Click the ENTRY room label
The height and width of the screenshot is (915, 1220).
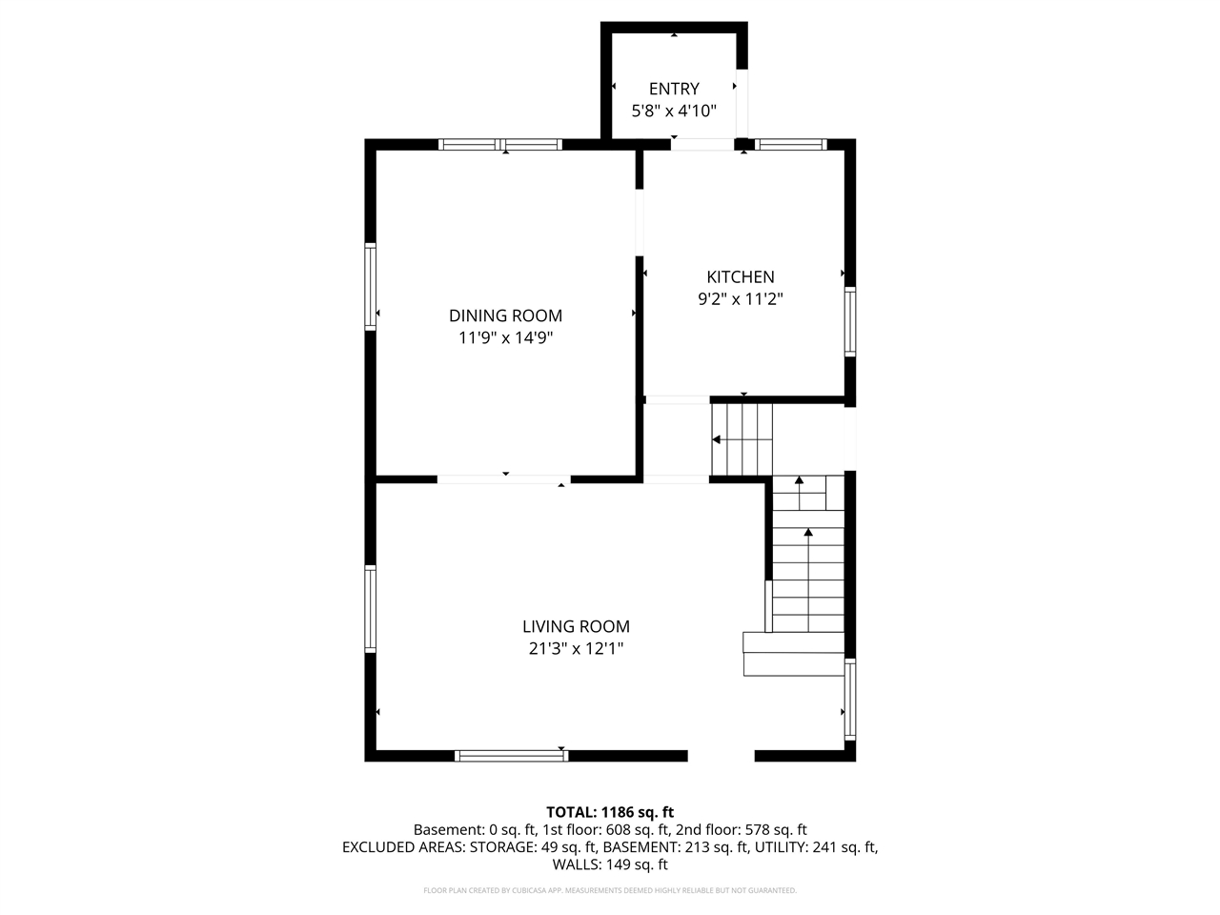click(x=674, y=89)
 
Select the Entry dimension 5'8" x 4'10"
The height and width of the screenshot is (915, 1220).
click(x=674, y=111)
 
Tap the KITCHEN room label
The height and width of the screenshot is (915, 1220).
click(x=740, y=276)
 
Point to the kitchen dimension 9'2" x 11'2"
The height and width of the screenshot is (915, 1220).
click(x=740, y=298)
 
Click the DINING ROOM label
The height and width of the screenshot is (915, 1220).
click(x=505, y=315)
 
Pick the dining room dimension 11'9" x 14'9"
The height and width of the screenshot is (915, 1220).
click(x=505, y=337)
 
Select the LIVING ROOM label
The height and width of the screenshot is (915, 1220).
click(x=576, y=626)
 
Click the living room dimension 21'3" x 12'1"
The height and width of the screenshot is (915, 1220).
click(x=576, y=648)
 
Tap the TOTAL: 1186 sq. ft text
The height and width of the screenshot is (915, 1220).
click(x=609, y=812)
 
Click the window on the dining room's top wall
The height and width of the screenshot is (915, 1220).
click(x=500, y=145)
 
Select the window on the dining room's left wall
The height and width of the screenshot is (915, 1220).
click(x=371, y=287)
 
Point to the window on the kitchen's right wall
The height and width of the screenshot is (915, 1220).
click(x=849, y=322)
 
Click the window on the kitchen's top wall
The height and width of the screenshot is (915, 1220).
click(x=791, y=145)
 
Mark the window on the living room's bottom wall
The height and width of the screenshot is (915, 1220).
click(x=512, y=756)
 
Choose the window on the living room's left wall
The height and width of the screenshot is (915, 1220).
click(x=371, y=609)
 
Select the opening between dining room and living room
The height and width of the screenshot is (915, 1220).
click(x=504, y=479)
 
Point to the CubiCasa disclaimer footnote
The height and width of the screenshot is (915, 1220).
click(x=609, y=890)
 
